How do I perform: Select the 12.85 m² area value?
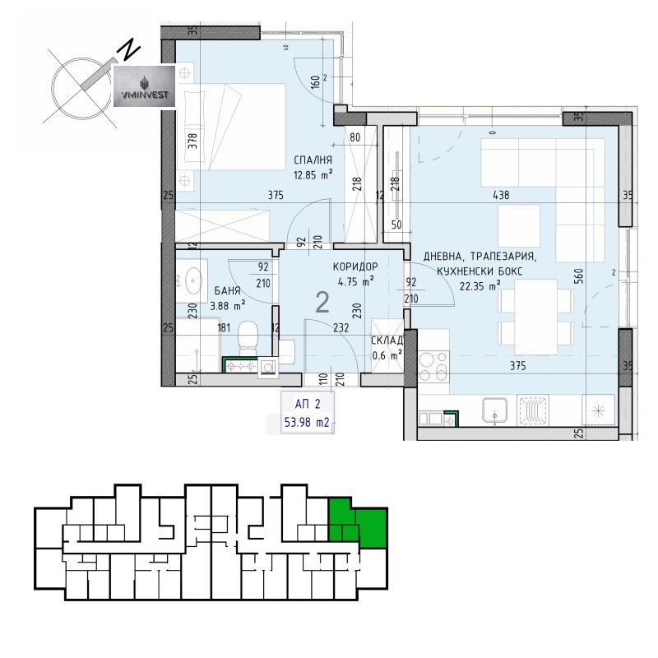coord(313,174)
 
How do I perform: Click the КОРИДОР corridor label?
coord(355,267)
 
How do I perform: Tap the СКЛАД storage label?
coord(386,341)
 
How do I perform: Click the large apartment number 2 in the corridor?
coord(323,304)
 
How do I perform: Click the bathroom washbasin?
coord(194,280)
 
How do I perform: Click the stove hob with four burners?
coord(434,364)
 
